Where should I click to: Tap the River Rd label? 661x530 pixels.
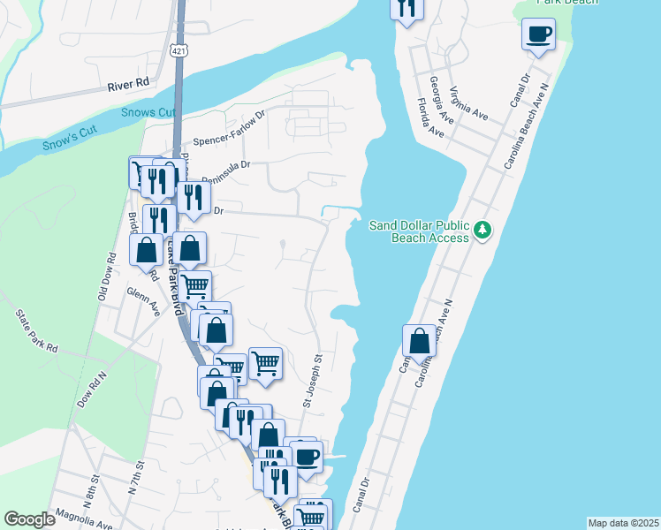[129, 85]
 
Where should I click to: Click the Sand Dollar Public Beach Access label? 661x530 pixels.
[420, 231]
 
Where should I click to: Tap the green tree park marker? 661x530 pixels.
[482, 231]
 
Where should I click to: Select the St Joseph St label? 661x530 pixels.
[313, 381]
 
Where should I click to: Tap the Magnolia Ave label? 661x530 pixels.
[84, 521]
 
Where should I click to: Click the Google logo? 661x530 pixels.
[30, 519]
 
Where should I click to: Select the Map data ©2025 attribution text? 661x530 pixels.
[623, 523]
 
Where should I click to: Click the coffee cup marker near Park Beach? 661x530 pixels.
[538, 34]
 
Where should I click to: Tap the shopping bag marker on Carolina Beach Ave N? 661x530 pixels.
[419, 341]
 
